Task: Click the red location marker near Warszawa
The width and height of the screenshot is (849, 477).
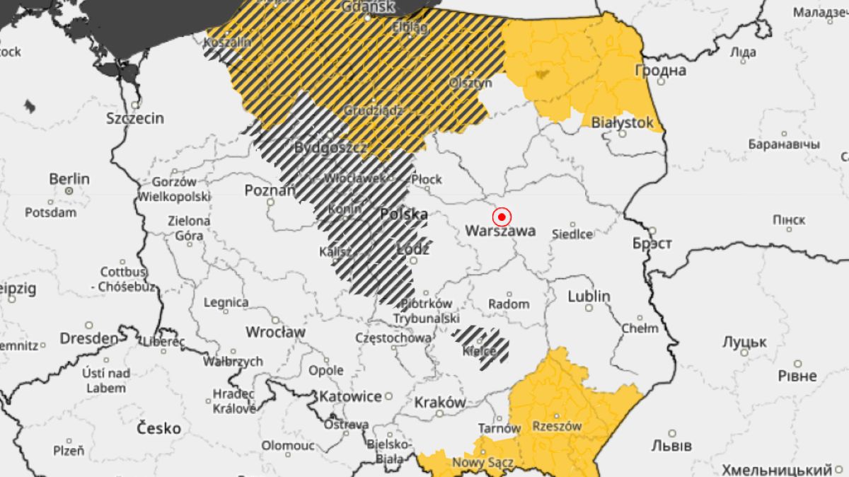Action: click(x=502, y=217)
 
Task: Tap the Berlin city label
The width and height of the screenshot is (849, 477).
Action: click(x=69, y=179)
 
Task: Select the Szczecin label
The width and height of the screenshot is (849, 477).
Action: click(x=135, y=118)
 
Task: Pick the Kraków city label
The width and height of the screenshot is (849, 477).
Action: click(x=440, y=402)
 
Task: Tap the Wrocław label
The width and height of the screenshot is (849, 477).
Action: click(x=275, y=332)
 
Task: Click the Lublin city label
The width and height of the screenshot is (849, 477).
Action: click(x=588, y=296)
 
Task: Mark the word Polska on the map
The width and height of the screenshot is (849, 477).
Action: click(x=404, y=214)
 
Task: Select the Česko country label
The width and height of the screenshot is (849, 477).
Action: click(x=158, y=428)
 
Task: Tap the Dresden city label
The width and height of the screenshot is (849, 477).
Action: click(x=88, y=338)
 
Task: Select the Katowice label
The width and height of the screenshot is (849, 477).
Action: click(x=350, y=396)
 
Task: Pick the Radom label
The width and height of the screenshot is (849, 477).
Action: click(x=509, y=304)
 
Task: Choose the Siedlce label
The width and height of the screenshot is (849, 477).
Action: click(x=572, y=234)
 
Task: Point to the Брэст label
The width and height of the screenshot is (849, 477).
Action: click(x=652, y=243)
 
